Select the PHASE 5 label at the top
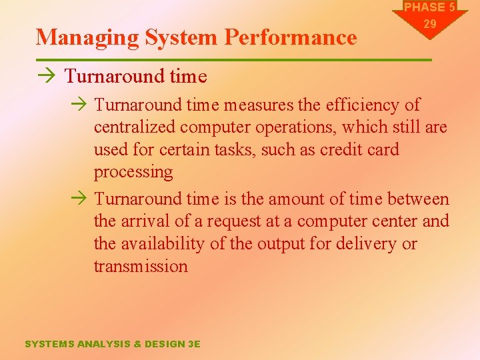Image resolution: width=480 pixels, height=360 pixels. coord(430,7)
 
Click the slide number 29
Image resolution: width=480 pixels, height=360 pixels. coord(430,23)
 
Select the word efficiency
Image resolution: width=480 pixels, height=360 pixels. coord(362,105)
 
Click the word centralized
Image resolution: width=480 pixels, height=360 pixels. coord(133,127)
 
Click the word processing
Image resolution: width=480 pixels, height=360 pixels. coord(133,172)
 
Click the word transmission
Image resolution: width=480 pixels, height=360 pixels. coord(141,266)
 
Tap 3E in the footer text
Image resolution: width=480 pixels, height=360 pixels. coord(194,344)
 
